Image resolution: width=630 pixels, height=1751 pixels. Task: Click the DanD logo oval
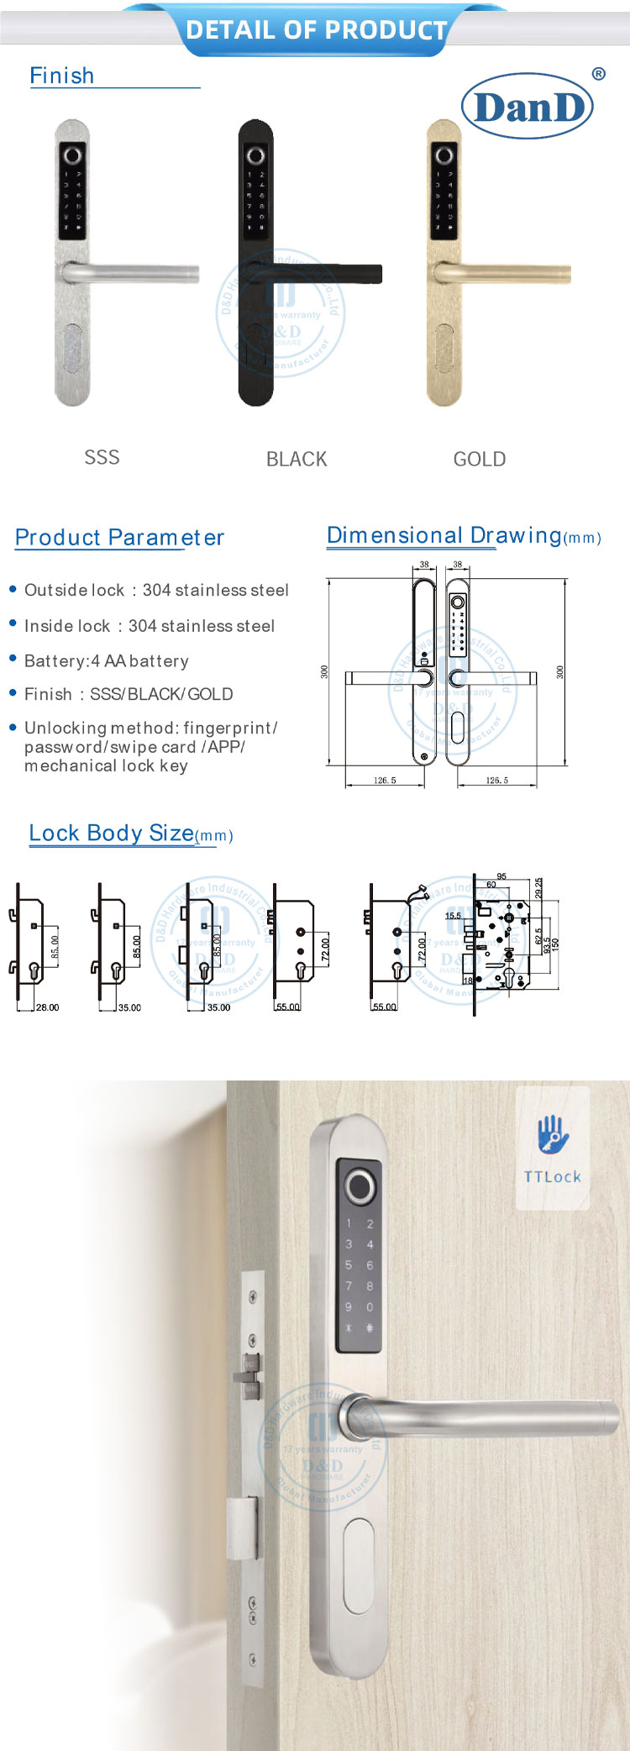[x=528, y=106]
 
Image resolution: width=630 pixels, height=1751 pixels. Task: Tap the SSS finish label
[x=102, y=457]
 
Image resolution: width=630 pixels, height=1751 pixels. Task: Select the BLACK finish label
[x=296, y=459]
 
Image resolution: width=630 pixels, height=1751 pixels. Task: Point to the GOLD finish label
[x=479, y=459]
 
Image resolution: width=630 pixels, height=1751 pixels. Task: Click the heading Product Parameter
[x=119, y=538]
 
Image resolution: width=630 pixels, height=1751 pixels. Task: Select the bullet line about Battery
[x=106, y=661]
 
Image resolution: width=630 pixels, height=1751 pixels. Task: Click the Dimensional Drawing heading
[x=444, y=535]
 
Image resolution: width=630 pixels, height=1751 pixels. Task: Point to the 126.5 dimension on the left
[x=384, y=781]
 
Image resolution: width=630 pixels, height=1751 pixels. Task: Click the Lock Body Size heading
[x=111, y=833]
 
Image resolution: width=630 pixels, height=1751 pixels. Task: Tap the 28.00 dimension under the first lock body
[x=47, y=1007]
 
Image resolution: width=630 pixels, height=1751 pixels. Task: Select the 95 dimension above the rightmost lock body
[x=501, y=876]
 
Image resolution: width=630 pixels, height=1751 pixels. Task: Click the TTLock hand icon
[x=553, y=1135]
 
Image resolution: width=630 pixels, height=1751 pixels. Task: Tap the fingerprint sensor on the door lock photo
[x=359, y=1186]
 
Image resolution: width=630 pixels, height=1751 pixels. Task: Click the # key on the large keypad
[x=370, y=1328]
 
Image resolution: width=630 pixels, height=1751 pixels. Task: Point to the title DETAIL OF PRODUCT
[x=316, y=30]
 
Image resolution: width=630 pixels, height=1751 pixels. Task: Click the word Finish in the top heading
[x=62, y=76]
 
